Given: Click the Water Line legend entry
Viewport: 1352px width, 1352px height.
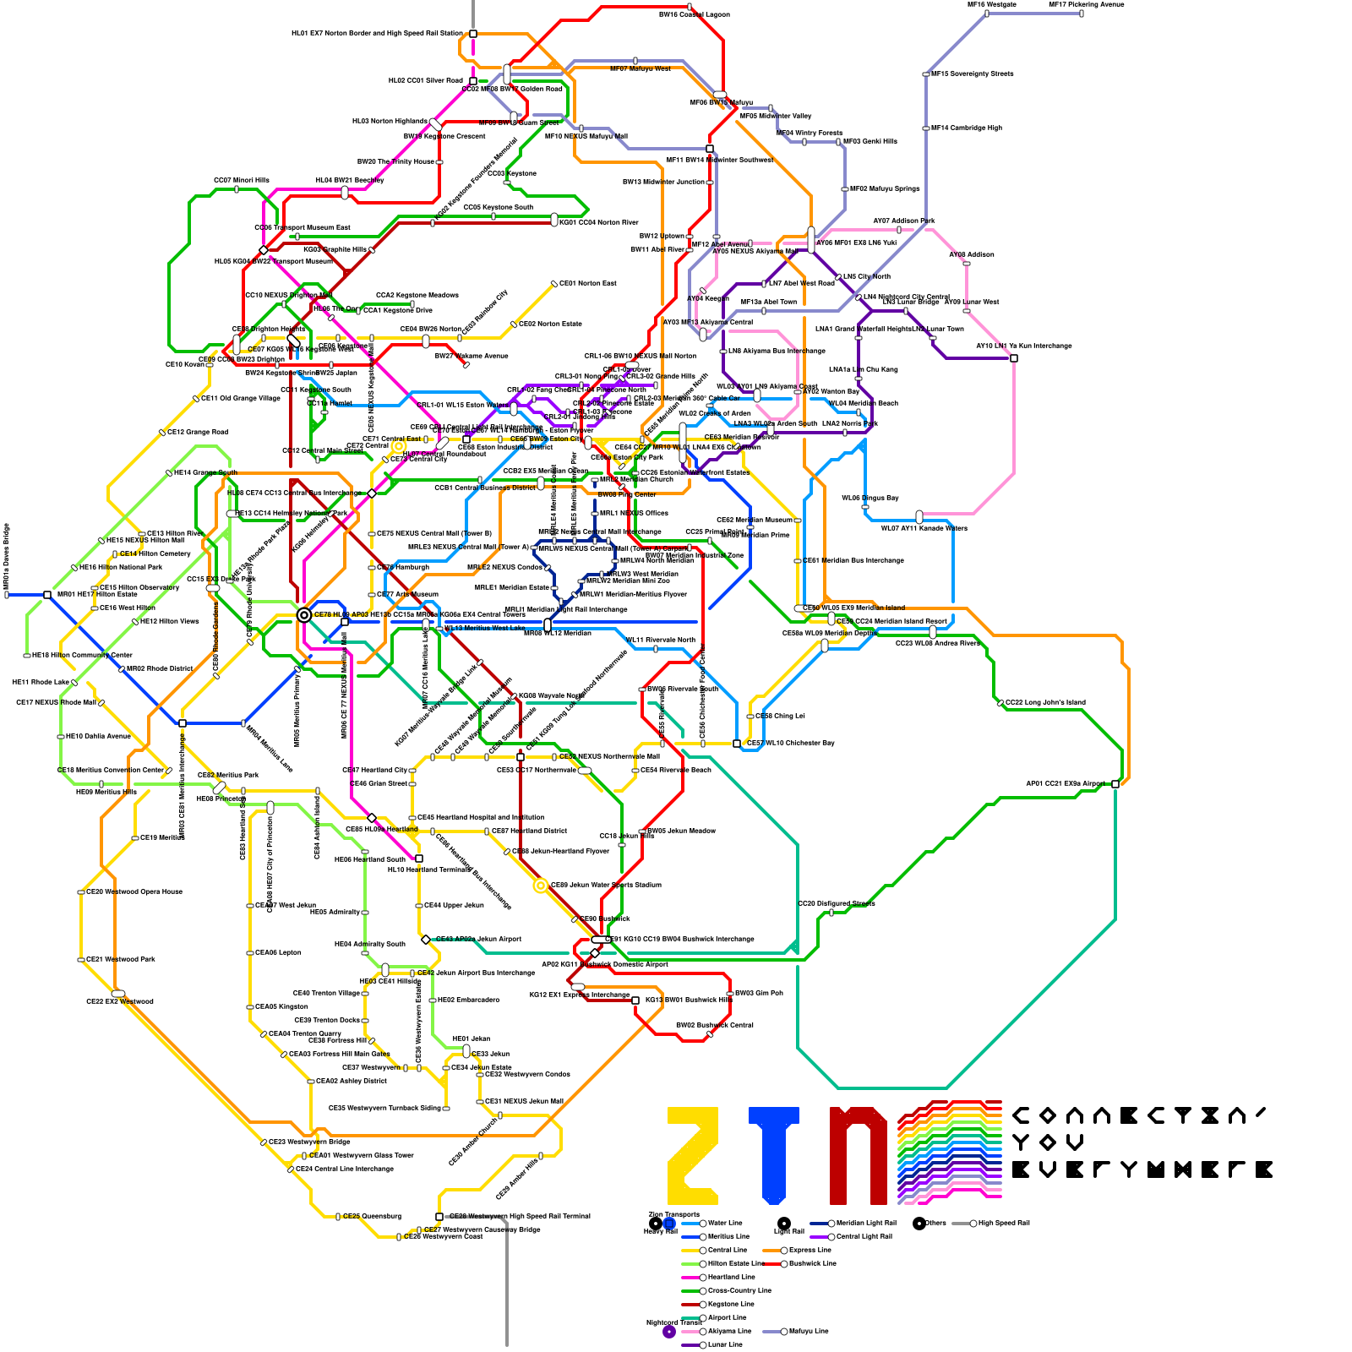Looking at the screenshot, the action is (724, 1223).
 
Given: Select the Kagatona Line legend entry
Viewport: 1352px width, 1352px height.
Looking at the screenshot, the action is (730, 1304).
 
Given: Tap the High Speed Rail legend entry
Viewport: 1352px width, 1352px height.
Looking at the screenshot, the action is (1003, 1223).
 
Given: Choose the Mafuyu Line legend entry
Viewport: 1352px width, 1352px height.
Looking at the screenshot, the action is (809, 1331).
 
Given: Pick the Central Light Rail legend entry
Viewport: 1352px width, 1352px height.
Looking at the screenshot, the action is (864, 1236).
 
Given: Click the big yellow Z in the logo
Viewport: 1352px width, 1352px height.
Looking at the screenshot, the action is (692, 1155).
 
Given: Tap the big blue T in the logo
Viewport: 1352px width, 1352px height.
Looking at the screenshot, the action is (774, 1155).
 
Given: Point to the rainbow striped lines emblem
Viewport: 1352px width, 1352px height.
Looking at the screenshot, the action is (949, 1151).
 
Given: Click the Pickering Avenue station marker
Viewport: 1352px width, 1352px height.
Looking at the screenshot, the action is (1081, 13).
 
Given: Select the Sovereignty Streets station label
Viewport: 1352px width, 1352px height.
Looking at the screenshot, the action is (972, 74).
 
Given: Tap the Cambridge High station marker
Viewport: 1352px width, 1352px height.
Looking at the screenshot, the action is (926, 128).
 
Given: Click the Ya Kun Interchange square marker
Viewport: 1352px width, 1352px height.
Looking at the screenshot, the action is (1014, 358).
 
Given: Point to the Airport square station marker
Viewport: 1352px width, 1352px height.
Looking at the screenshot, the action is (1115, 784).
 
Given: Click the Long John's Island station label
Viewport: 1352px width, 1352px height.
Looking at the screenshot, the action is (1045, 702).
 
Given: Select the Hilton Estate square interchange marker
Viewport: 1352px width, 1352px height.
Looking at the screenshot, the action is (47, 595).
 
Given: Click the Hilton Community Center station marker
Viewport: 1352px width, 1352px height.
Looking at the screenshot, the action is (27, 655).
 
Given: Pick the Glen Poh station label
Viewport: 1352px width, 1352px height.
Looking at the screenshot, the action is (759, 993).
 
